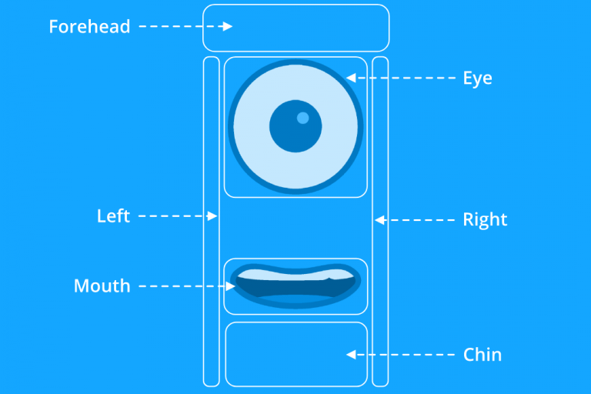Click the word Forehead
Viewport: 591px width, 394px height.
(89, 27)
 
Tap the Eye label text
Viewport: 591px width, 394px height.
(477, 78)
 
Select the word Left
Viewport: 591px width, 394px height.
(113, 216)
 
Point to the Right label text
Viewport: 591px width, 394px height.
(485, 220)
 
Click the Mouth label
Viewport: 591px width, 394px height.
(102, 286)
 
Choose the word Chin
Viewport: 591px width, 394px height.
(482, 355)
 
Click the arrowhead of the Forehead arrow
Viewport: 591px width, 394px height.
(228, 27)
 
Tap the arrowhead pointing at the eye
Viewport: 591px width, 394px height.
(350, 78)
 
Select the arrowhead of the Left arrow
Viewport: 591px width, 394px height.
(212, 217)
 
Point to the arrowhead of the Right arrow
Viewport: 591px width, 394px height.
(379, 220)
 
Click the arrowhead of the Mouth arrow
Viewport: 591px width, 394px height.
(231, 286)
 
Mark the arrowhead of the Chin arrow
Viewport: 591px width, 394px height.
(350, 355)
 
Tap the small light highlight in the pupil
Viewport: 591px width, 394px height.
(302, 118)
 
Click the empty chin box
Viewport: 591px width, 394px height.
(296, 354)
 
